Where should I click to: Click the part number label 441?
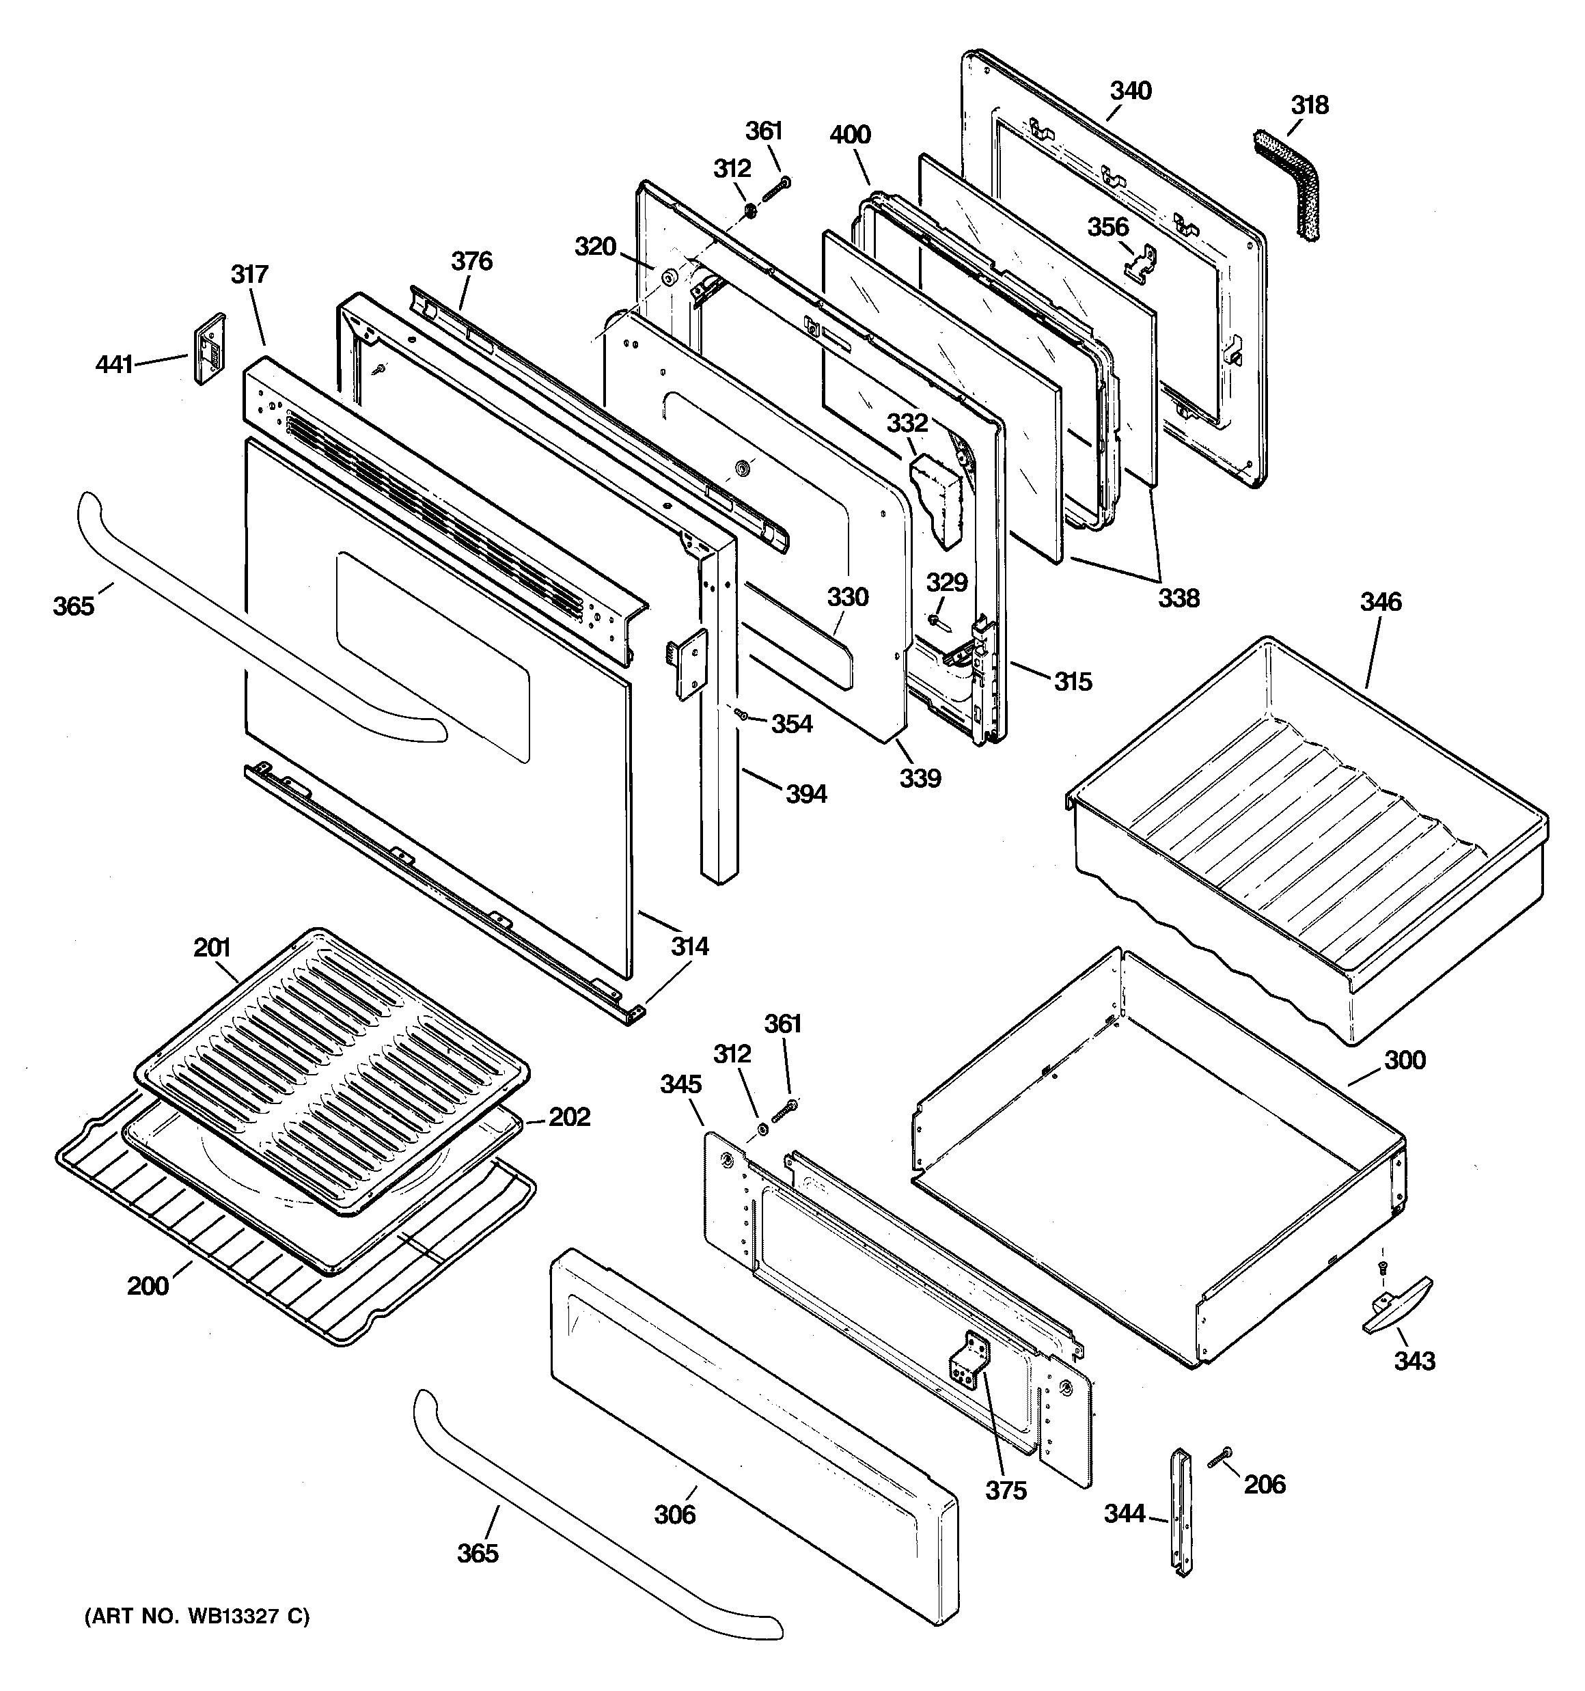coord(114,364)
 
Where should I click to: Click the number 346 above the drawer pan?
coord(1380,602)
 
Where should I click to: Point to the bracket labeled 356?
coord(1141,263)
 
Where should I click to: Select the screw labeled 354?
coord(742,716)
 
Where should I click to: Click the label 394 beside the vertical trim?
coord(805,794)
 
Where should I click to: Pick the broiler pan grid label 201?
coord(212,948)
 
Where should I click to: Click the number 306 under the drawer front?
coord(675,1514)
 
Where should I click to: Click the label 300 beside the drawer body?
coord(1405,1060)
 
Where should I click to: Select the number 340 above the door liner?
coord(1131,90)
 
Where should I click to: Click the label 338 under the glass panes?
coord(1179,598)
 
